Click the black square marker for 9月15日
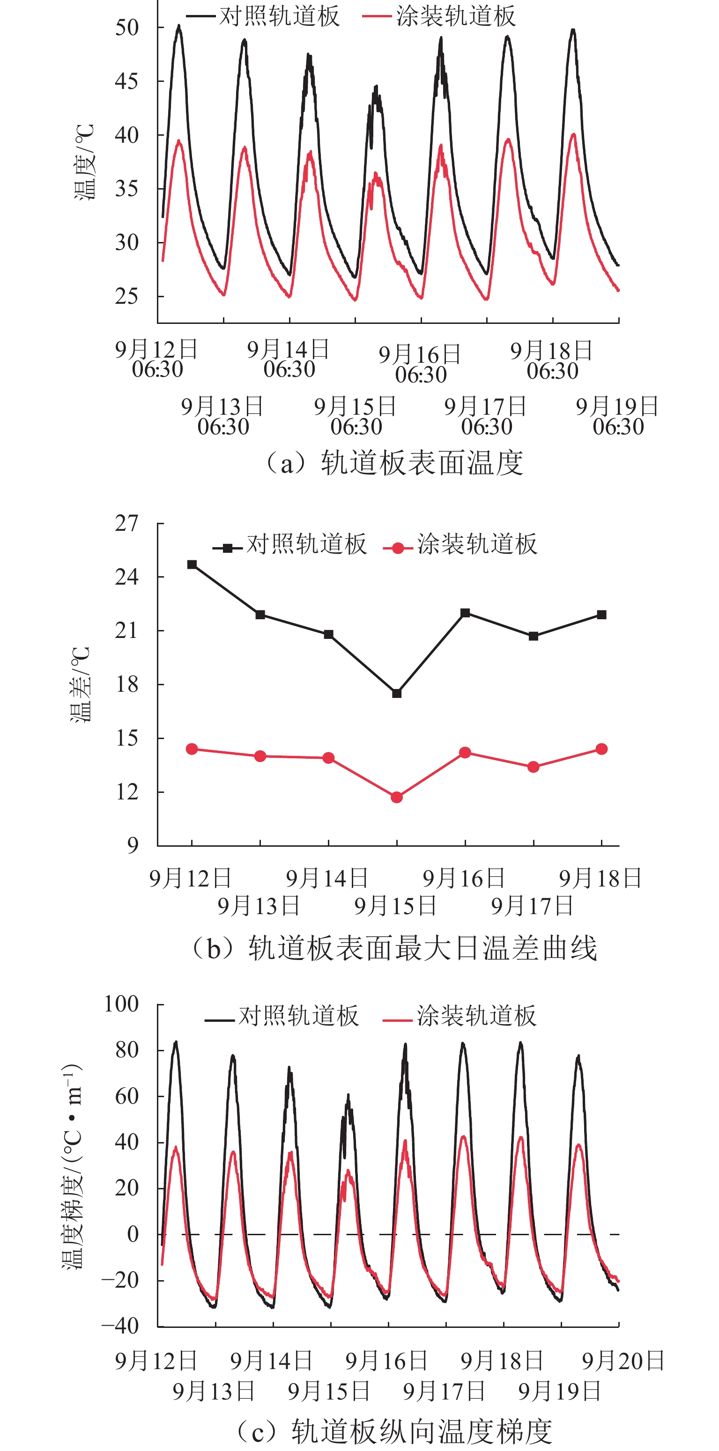click(397, 693)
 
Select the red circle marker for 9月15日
click(397, 797)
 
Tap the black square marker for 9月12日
click(192, 564)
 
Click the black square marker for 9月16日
click(465, 613)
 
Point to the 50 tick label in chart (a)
click(127, 27)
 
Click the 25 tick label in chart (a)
click(127, 296)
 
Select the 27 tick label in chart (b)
click(127, 523)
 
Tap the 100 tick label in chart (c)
click(121, 1004)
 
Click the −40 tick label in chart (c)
click(120, 1326)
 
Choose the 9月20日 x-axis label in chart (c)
click(623, 1361)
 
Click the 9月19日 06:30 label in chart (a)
click(617, 416)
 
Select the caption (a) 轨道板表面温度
click(394, 463)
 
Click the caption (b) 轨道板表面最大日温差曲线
click(394, 948)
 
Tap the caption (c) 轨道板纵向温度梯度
click(394, 1431)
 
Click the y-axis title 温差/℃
click(80, 684)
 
